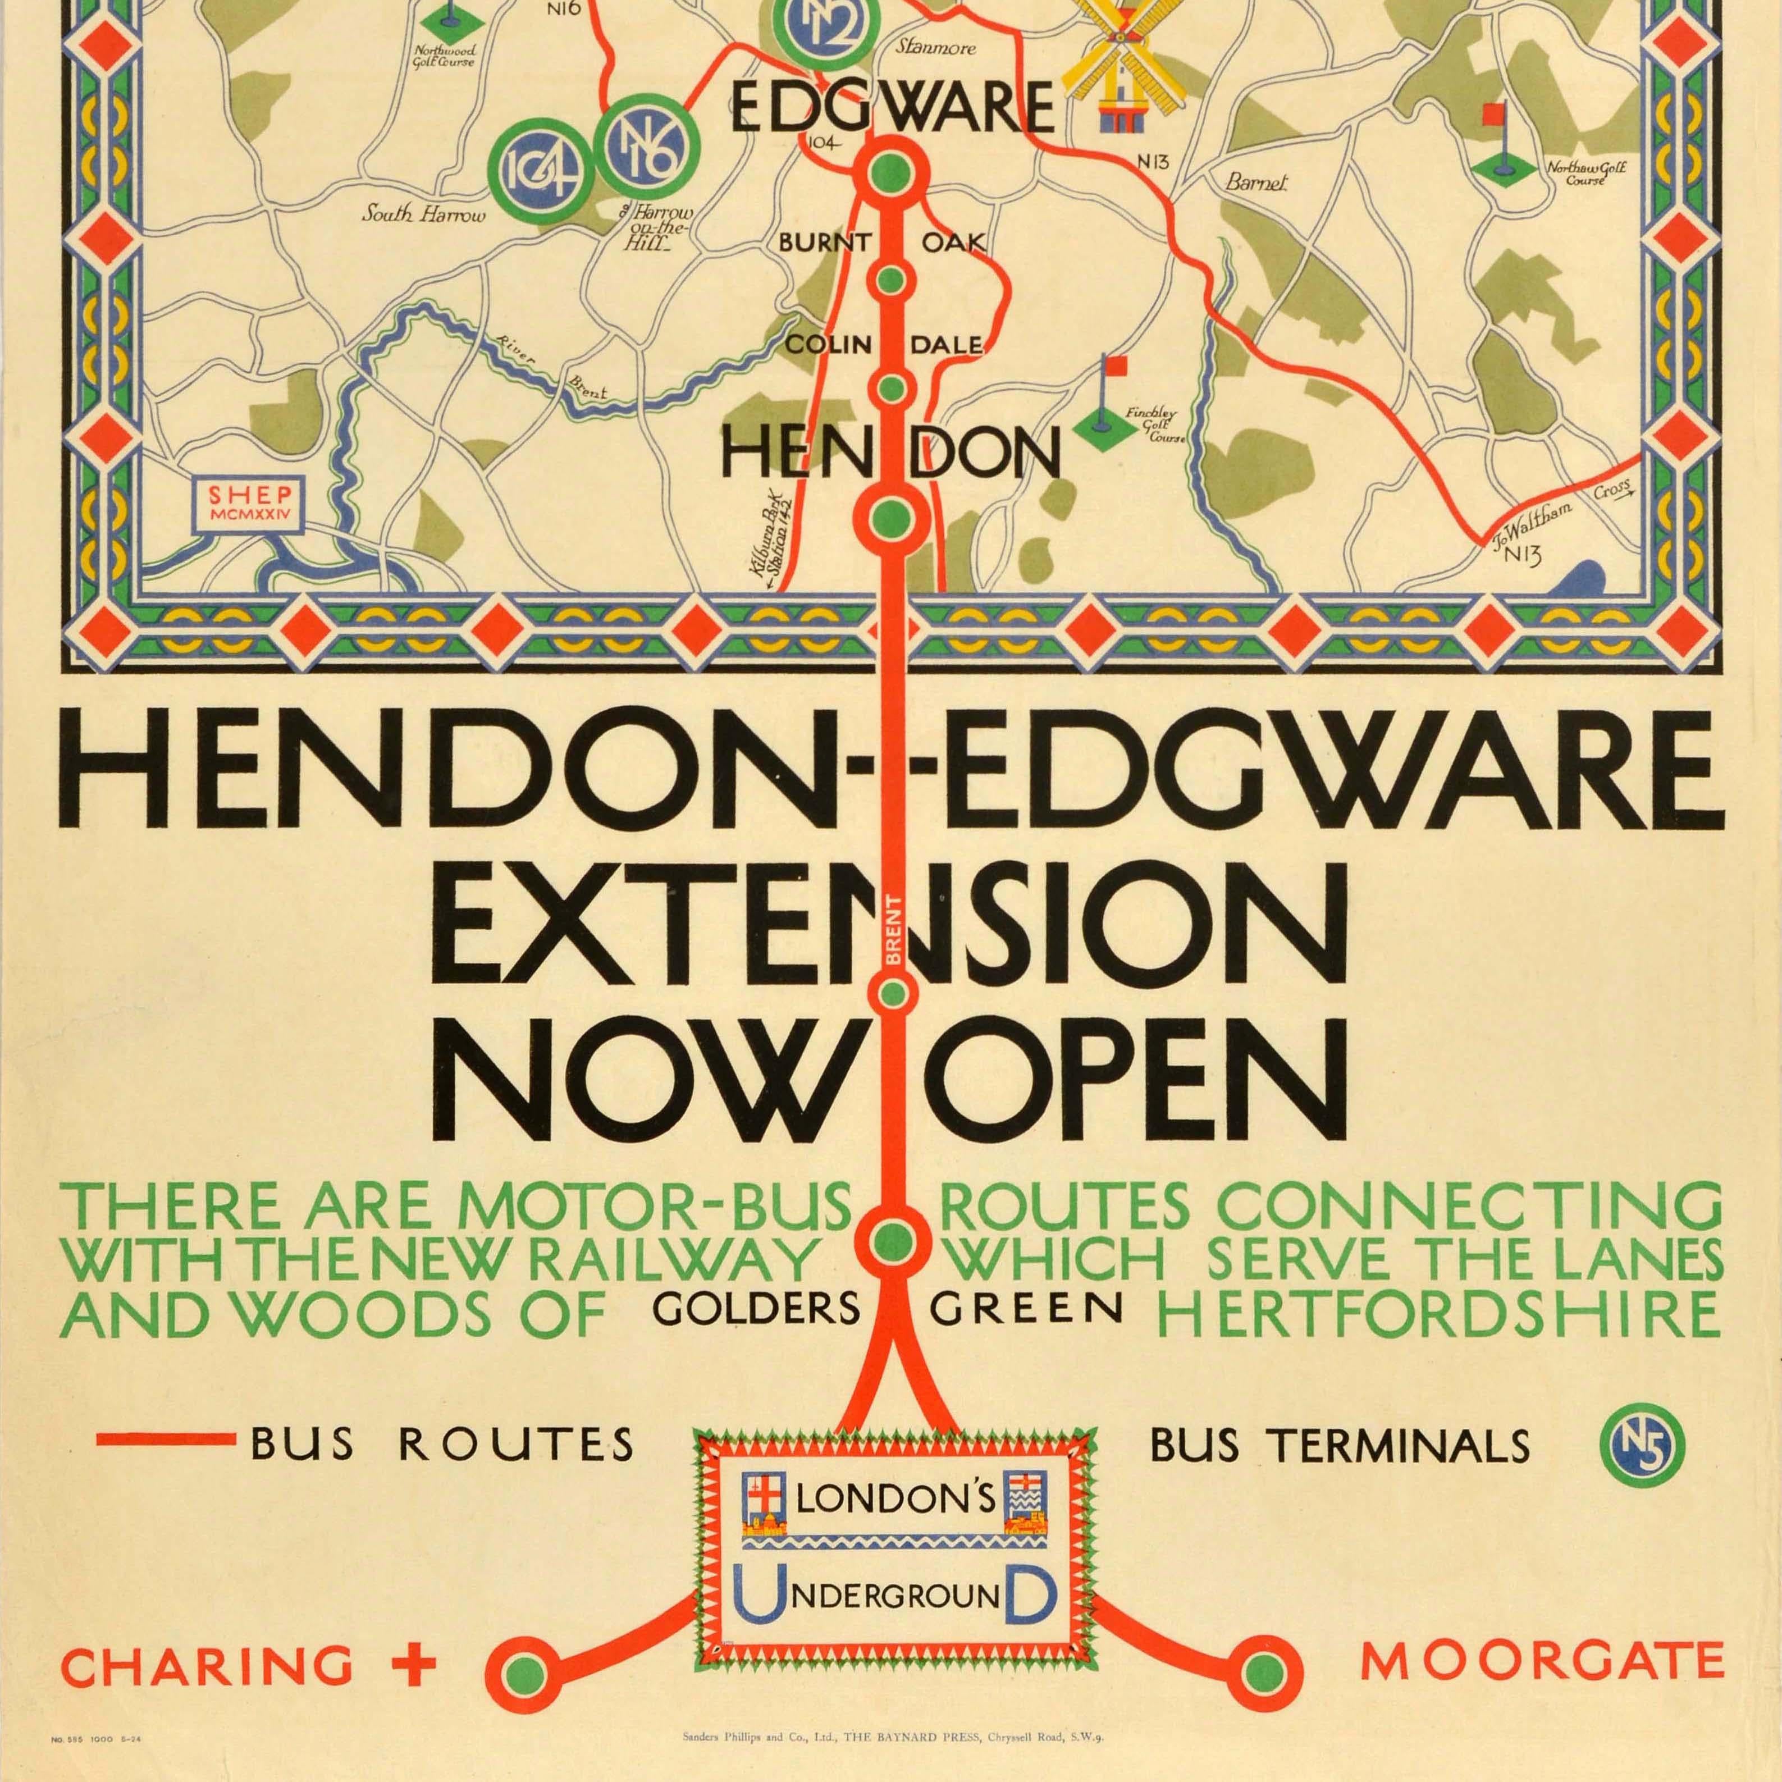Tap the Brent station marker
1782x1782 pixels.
891,993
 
